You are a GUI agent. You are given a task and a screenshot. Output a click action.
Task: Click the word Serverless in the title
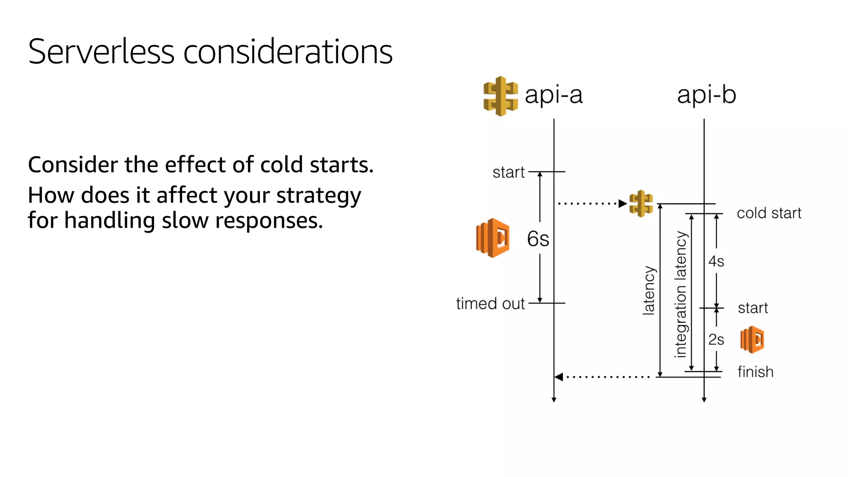click(x=101, y=52)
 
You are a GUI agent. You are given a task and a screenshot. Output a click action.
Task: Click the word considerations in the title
click(x=287, y=52)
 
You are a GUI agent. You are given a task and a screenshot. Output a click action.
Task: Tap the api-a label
click(x=553, y=95)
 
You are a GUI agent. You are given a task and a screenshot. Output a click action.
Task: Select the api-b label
click(x=706, y=95)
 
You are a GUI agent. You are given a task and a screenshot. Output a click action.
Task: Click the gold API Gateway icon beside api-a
click(x=500, y=96)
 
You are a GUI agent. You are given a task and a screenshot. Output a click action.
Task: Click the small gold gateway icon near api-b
click(x=641, y=203)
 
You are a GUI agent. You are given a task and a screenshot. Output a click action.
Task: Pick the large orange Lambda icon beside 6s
click(x=493, y=238)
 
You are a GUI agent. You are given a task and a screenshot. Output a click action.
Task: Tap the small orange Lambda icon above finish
click(x=752, y=340)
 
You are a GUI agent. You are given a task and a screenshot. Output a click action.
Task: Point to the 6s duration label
click(x=538, y=239)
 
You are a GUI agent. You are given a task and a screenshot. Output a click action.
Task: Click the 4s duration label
click(x=716, y=262)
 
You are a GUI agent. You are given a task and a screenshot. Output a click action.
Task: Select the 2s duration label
click(x=716, y=340)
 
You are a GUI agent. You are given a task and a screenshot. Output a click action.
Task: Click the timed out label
click(x=490, y=304)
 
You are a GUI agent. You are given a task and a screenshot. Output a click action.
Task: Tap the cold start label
click(x=769, y=213)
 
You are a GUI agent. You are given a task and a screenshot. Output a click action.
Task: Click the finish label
click(x=755, y=372)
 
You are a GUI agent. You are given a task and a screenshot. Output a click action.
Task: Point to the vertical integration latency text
click(x=681, y=294)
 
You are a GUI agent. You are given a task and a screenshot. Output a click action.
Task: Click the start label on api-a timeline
click(x=508, y=172)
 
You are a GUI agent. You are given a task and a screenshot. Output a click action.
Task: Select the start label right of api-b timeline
click(x=753, y=308)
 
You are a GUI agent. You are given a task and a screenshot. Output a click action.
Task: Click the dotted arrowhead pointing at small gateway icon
click(x=622, y=203)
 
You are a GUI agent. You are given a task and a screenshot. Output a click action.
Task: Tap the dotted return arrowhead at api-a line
click(x=559, y=377)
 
